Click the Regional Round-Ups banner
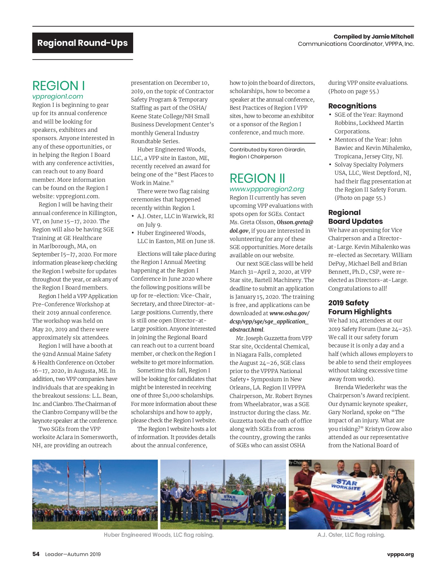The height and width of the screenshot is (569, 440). (83, 43)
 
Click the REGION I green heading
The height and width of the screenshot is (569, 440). (59, 86)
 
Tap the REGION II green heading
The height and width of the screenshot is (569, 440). (257, 179)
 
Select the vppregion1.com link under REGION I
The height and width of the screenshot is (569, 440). (58, 96)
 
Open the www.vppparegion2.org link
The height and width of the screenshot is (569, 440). (267, 189)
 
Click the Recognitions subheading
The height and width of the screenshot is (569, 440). (352, 106)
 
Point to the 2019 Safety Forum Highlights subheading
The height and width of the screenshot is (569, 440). (360, 307)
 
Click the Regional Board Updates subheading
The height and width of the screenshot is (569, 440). (355, 217)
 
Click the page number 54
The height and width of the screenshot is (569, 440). (36, 554)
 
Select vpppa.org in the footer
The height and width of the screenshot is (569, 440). (400, 554)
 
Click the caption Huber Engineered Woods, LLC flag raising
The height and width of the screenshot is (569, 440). (158, 535)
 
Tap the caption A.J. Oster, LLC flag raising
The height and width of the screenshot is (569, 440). (351, 535)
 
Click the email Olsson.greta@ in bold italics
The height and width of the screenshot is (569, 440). (295, 222)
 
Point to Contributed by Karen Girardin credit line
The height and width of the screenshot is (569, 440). (267, 150)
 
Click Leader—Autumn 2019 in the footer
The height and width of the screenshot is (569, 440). (73, 554)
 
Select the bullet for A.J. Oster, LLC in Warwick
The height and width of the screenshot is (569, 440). (133, 217)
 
